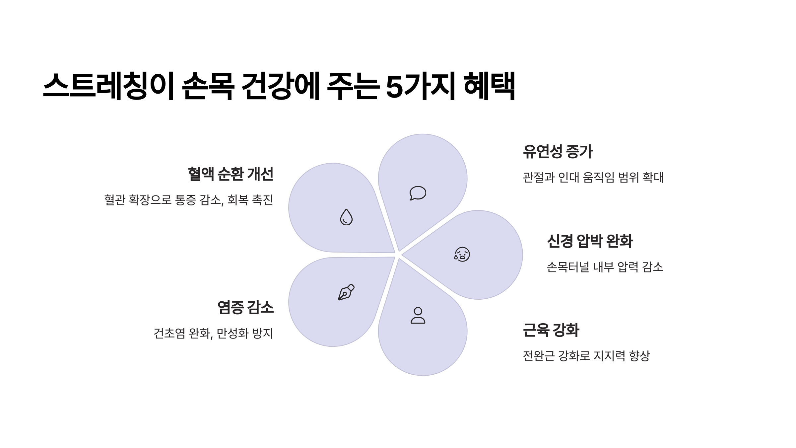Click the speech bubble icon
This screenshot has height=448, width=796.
418,193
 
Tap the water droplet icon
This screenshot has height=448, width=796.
346,217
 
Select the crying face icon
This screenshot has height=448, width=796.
462,255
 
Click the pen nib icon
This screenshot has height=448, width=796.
346,292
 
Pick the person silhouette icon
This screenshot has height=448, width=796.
418,316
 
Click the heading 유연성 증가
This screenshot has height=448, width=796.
558,152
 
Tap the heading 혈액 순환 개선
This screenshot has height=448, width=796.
231,174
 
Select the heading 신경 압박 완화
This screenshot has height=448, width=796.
590,241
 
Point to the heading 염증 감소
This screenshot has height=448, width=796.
245,307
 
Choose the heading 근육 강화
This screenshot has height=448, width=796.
551,330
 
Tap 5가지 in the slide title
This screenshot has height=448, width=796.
420,86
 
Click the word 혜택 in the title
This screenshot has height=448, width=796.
489,86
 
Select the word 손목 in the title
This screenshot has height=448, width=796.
208,86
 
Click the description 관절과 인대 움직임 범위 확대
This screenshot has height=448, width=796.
593,178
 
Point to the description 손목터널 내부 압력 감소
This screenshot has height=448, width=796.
605,267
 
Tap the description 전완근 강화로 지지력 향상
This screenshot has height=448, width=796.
586,356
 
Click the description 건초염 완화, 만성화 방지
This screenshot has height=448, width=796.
213,333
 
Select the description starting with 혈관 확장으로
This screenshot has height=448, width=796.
189,200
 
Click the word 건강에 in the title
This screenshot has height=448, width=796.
280,86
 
